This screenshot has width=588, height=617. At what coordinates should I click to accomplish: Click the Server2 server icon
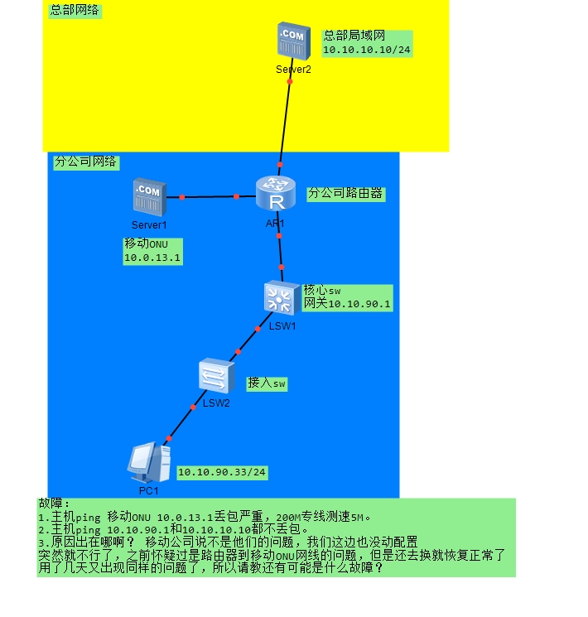[x=294, y=41]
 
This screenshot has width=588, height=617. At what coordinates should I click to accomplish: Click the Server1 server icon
[x=150, y=197]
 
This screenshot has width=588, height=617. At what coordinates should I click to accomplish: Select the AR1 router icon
[x=276, y=193]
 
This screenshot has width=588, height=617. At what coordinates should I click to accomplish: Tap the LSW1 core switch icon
[x=281, y=298]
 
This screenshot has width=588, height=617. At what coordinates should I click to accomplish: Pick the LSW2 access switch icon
[x=216, y=376]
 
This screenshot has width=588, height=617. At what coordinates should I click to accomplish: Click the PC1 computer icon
[x=149, y=463]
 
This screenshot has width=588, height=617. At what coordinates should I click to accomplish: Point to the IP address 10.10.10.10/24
[x=367, y=50]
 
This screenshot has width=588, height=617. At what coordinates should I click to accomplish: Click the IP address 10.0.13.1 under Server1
[x=152, y=258]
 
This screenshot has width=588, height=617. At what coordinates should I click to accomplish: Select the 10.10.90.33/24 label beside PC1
[x=222, y=472]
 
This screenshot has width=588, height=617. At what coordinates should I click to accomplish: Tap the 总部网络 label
[x=75, y=10]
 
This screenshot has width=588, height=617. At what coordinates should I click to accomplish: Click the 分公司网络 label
[x=85, y=161]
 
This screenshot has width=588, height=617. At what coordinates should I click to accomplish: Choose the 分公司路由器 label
[x=345, y=193]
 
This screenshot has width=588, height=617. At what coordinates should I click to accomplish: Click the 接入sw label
[x=267, y=383]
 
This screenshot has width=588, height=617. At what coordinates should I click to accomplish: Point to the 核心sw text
[x=322, y=291]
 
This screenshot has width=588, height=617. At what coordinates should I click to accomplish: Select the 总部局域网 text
[x=354, y=36]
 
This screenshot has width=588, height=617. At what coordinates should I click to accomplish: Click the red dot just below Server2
[x=290, y=81]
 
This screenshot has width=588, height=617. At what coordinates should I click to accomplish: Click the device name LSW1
[x=282, y=326]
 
